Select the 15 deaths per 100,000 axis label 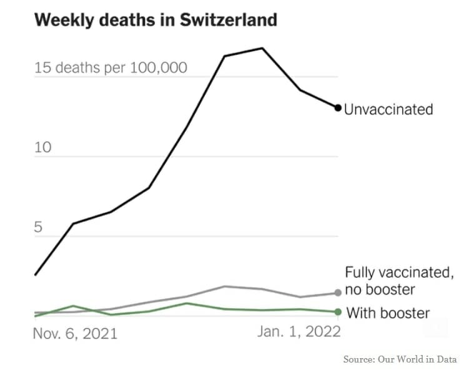111,67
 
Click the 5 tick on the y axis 39,227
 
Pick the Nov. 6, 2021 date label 75,334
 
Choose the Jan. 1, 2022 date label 299,332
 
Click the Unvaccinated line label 388,109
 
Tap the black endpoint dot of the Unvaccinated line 338,108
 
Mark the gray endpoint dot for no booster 338,293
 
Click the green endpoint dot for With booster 338,312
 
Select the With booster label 387,313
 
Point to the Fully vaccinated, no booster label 398,281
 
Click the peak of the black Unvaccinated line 262,48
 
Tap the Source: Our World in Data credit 400,359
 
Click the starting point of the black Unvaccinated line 35,275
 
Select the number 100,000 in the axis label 158,67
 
